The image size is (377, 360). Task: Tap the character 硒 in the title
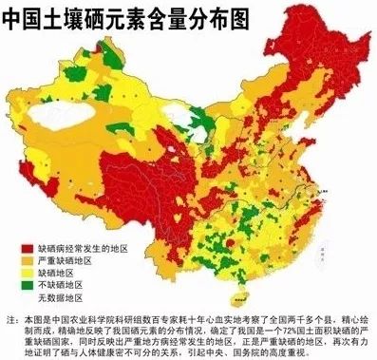pyautogui.click(x=88, y=16)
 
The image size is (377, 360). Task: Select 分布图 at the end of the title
pyautogui.click(x=198, y=16)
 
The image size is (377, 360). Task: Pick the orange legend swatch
pyautogui.click(x=25, y=259)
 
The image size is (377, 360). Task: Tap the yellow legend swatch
pyautogui.click(x=25, y=273)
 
